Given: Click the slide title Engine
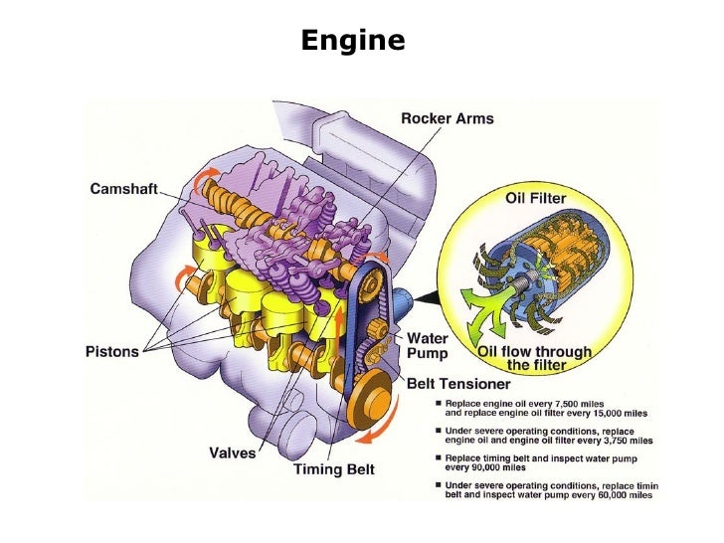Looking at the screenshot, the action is tap(353, 41).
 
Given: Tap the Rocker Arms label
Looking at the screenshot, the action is tap(447, 119).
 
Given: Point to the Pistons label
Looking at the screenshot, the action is tap(109, 352).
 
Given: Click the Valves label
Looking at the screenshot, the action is tap(233, 452).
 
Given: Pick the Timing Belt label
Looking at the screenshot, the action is tap(333, 469).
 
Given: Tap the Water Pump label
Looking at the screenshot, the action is tap(428, 346).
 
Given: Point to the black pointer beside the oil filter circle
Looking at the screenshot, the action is tap(426, 296).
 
